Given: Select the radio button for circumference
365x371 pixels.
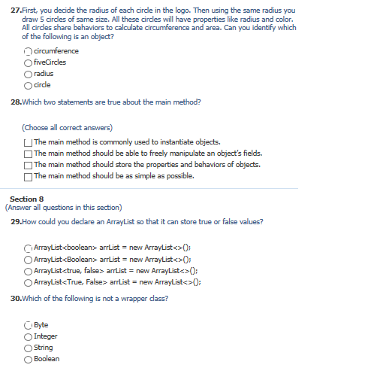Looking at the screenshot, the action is coord(28,51).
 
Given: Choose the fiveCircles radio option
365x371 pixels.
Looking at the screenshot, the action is coord(28,62).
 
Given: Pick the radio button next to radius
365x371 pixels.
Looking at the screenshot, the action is coord(28,74).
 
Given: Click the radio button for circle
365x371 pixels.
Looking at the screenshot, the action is coord(28,85).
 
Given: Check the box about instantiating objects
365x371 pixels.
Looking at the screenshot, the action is coord(28,141).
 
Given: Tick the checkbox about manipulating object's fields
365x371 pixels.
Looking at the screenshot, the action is coord(28,153).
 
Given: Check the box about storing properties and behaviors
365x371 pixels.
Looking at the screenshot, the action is coord(28,165).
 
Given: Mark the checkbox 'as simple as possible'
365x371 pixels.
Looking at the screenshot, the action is coord(28,176).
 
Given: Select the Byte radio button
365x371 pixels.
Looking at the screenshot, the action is coord(28,325).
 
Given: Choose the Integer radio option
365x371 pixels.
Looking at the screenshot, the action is coord(28,336).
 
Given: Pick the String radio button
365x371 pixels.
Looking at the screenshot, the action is coord(28,348).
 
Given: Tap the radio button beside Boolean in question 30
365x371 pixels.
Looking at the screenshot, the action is coord(28,359).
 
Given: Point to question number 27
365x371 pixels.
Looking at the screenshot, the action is coord(17,11).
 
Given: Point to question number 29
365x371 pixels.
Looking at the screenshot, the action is coord(17,221).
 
